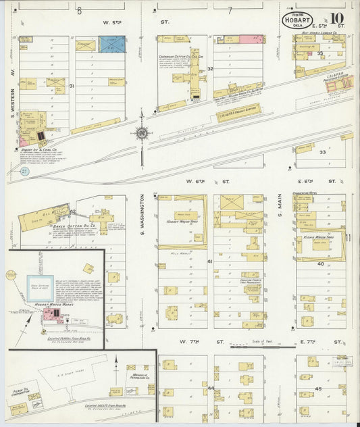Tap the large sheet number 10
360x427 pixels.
(x=337, y=19)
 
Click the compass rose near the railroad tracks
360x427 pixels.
(x=142, y=132)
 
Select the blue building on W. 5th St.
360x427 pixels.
(x=112, y=45)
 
